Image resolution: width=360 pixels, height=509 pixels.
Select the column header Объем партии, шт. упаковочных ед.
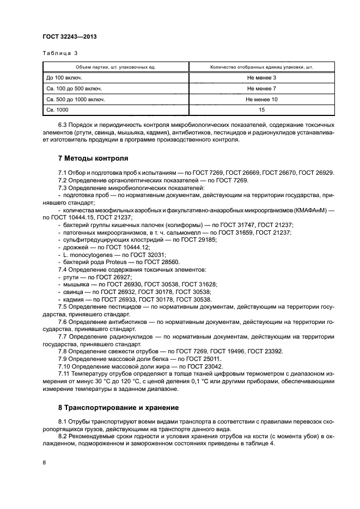[x=116, y=67]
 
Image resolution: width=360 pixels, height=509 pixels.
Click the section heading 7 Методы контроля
[x=93, y=159]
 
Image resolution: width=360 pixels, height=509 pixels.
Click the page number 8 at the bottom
[x=45, y=463]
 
